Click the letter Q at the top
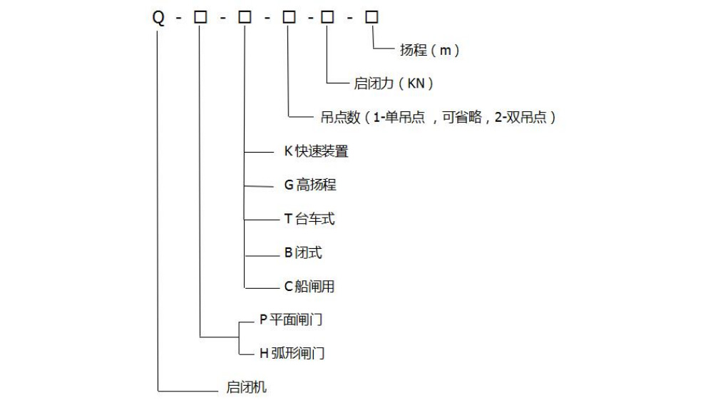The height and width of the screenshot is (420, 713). coord(158,19)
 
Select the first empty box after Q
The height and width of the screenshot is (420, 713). coord(200,18)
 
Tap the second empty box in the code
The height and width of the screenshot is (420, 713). coord(245,18)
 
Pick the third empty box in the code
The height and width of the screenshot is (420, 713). coord(289,18)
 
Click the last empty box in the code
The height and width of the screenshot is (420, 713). coord(371,18)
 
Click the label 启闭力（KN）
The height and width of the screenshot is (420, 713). coord(394,83)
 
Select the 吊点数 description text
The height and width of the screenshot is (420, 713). coord(434,118)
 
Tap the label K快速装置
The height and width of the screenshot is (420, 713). coord(316,151)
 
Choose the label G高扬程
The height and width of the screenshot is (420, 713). coord(310,185)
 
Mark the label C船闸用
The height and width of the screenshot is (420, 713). coord(309,287)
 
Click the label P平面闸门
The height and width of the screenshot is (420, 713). coord(291,320)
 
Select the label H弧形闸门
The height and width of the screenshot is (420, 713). coord(292,353)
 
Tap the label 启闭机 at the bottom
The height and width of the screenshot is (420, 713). coord(246,388)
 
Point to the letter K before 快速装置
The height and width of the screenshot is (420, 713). coord(289,151)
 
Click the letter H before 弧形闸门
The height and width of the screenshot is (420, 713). coord(264,353)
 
